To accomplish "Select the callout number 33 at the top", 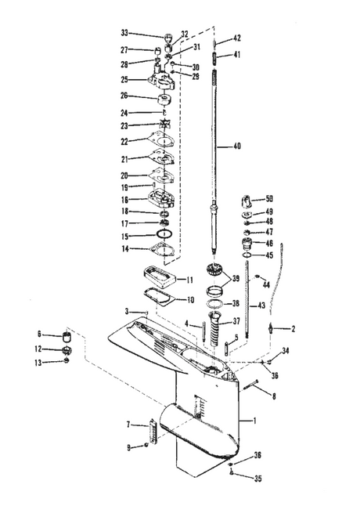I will (125, 34).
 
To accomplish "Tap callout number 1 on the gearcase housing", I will (253, 421).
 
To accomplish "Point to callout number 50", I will (269, 200).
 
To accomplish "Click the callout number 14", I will (125, 249).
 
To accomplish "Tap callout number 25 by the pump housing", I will (125, 79).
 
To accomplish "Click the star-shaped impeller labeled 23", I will (164, 125).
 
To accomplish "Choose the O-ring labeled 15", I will (163, 235).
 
